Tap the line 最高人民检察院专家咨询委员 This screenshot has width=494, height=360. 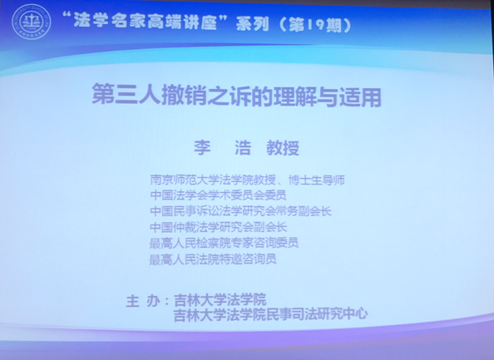pyautogui.click(x=224, y=243)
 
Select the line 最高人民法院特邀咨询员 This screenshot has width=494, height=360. pyautogui.click(x=213, y=259)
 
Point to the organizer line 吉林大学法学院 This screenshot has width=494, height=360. pyautogui.click(x=220, y=299)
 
